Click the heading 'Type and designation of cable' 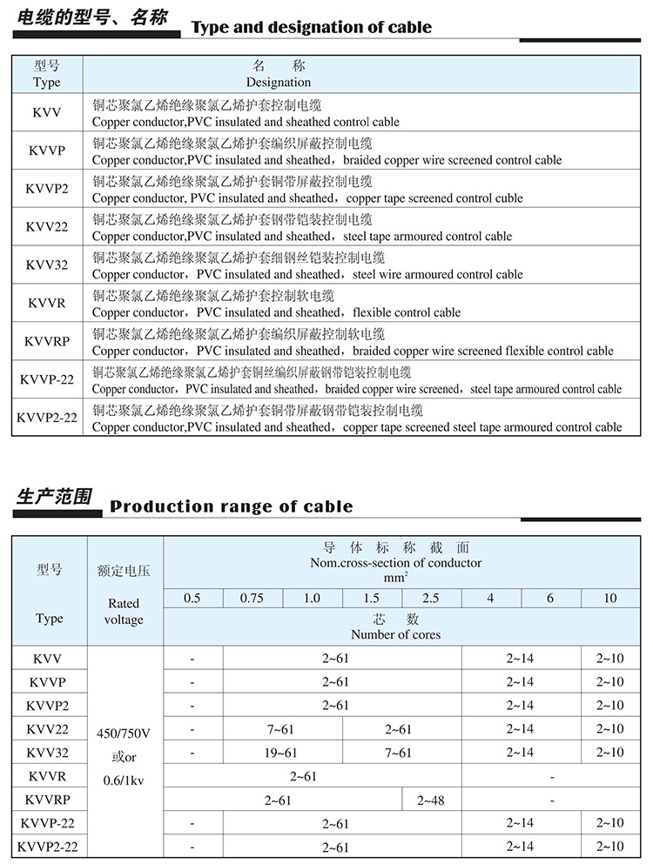[x=311, y=28]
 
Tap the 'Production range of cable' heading [x=231, y=506]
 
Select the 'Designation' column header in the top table [x=278, y=83]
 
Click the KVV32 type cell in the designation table [x=47, y=265]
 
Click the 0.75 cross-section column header [x=252, y=599]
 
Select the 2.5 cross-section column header [x=431, y=599]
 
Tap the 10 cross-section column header [x=609, y=599]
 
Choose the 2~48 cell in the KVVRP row [x=431, y=800]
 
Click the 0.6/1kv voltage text [x=125, y=780]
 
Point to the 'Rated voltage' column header [x=124, y=611]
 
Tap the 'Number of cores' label [x=396, y=634]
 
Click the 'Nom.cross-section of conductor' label [x=396, y=563]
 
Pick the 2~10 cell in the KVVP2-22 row [x=609, y=847]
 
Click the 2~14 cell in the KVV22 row [x=520, y=729]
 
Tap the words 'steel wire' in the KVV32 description [x=379, y=275]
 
